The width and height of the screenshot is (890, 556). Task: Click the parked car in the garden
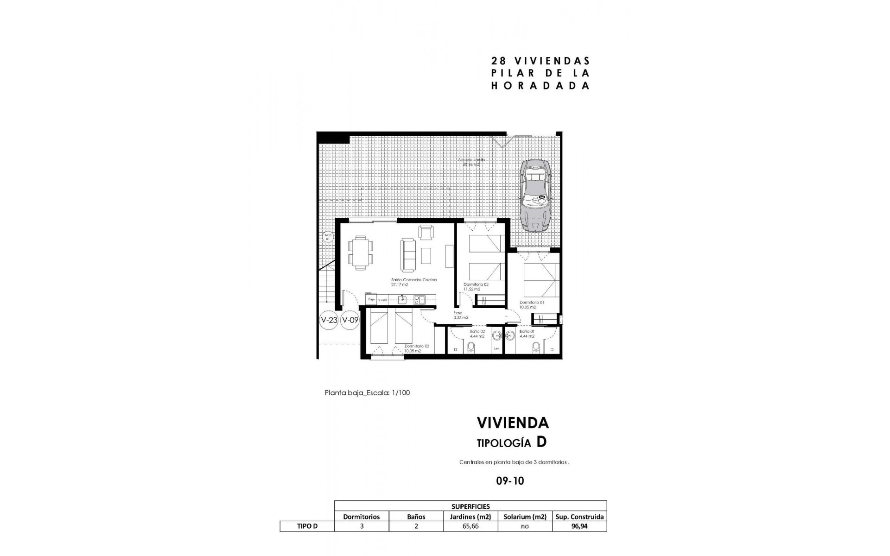click(x=535, y=196)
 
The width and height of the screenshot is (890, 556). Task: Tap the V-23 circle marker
click(x=329, y=320)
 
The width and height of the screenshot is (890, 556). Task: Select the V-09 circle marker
click(x=350, y=320)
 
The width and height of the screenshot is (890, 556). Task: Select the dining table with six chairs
click(x=361, y=253)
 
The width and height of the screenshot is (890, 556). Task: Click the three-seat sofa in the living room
click(x=408, y=255)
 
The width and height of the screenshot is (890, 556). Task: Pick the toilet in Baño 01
click(x=536, y=347)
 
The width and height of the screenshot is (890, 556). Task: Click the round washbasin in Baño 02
click(x=497, y=335)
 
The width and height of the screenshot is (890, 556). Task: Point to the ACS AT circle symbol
click(x=328, y=237)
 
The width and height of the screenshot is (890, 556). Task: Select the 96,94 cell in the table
click(x=579, y=526)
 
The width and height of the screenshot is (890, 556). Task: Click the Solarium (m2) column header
click(x=524, y=517)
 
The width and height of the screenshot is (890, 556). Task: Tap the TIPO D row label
click(x=307, y=526)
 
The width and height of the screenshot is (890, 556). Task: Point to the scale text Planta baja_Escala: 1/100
click(x=367, y=393)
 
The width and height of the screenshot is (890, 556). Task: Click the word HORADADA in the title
click(x=540, y=86)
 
